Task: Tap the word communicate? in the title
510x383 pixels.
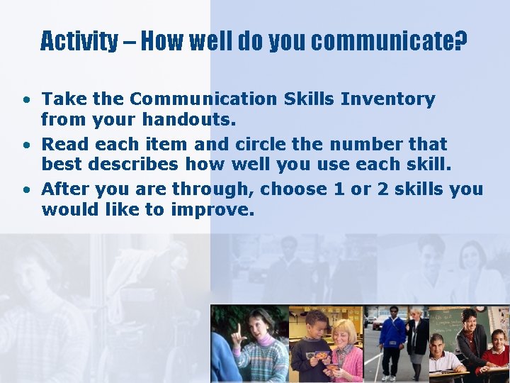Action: pos(389,41)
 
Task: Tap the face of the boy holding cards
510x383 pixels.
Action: pos(317,325)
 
